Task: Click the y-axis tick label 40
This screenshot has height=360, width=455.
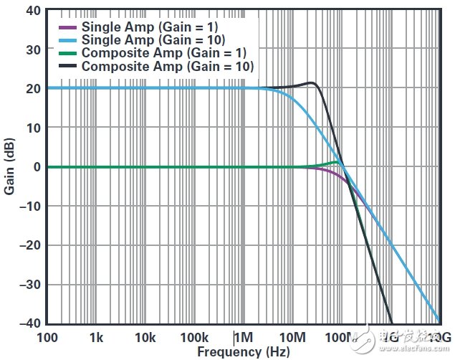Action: pos(32,10)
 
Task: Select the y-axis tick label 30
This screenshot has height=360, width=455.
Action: pos(32,49)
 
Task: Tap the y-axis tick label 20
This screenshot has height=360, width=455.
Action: pos(32,88)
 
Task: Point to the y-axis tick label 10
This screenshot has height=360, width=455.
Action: pos(32,128)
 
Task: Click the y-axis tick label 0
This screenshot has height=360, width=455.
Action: pos(36,166)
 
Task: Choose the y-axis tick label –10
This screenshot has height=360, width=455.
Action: pos(29,206)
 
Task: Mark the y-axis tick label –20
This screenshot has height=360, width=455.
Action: pos(29,245)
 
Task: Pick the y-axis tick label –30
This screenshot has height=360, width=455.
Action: pos(29,284)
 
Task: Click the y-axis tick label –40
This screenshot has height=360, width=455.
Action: pos(29,323)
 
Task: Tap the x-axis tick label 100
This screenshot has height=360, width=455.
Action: pos(47,338)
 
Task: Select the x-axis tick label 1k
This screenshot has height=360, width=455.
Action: pos(97,338)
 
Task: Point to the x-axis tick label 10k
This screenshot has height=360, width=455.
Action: pos(145,338)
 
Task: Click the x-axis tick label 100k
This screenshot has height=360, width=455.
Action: pos(194,338)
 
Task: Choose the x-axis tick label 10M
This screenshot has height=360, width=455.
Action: pos(292,338)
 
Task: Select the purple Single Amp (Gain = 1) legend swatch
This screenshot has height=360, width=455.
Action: pos(69,27)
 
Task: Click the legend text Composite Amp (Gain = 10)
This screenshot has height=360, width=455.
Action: pos(168,67)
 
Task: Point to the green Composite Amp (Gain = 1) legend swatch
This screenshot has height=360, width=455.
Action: pos(69,54)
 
